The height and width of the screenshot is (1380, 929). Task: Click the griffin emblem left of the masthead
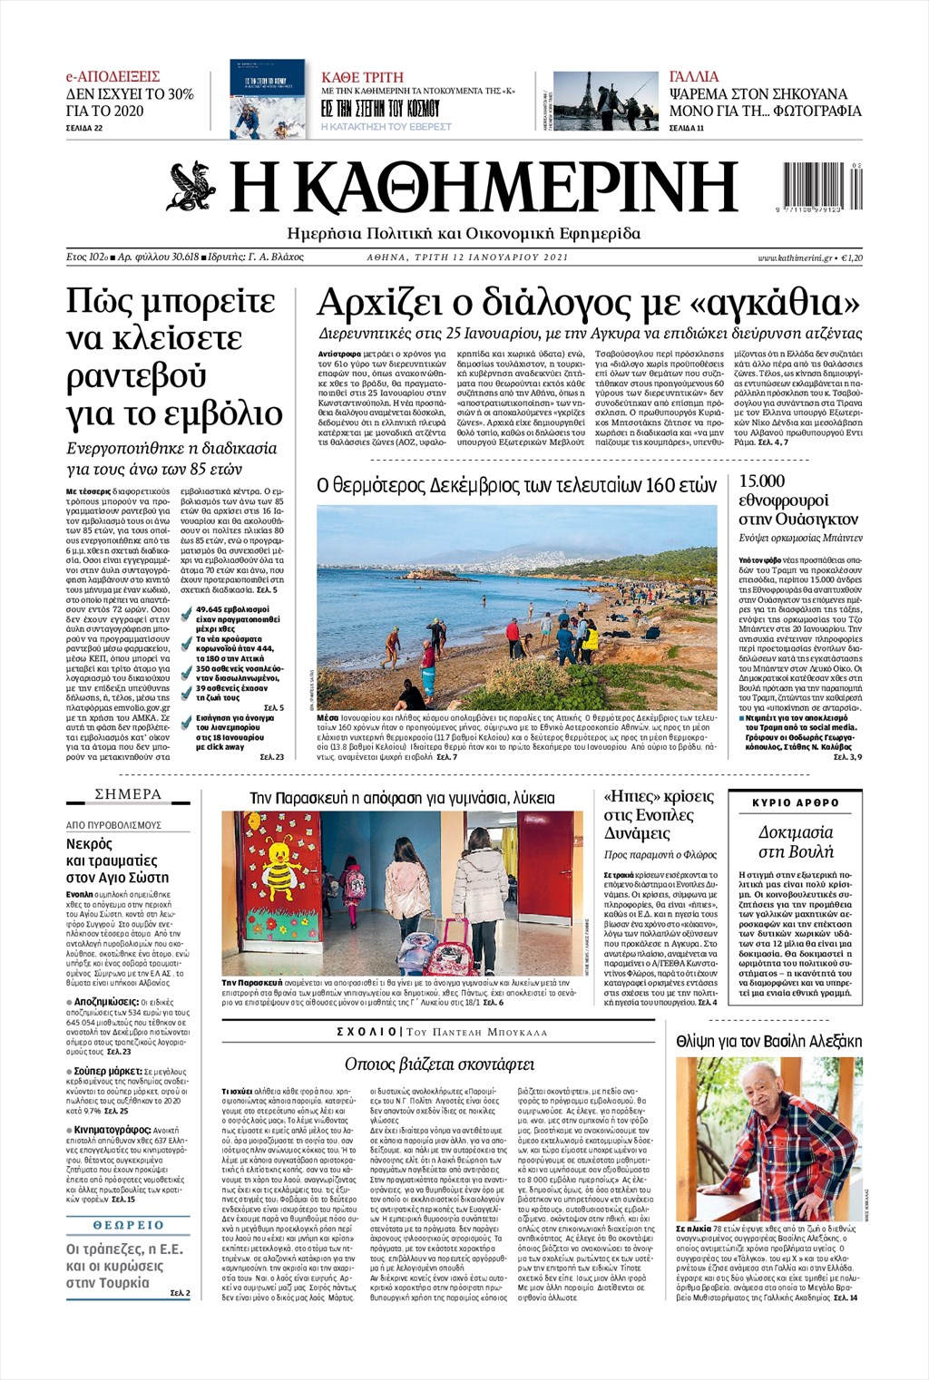point(191,186)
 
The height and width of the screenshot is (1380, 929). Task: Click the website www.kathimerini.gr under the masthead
point(795,258)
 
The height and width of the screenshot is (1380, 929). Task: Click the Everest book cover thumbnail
point(267,99)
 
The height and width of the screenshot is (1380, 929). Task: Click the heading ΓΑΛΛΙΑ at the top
point(694,77)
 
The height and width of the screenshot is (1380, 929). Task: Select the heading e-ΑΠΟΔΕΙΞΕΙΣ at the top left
point(112,77)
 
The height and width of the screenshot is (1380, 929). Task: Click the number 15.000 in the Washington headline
point(762,481)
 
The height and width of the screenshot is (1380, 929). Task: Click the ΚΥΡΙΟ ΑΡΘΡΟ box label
point(796,802)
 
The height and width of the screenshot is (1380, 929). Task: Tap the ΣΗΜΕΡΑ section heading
point(128,794)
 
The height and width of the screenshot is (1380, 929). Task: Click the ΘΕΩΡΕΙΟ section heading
point(128,1225)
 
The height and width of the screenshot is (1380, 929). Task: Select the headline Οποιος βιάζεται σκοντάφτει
point(439,1064)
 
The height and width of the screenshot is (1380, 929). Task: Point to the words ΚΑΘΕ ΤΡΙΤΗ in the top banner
point(362,78)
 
